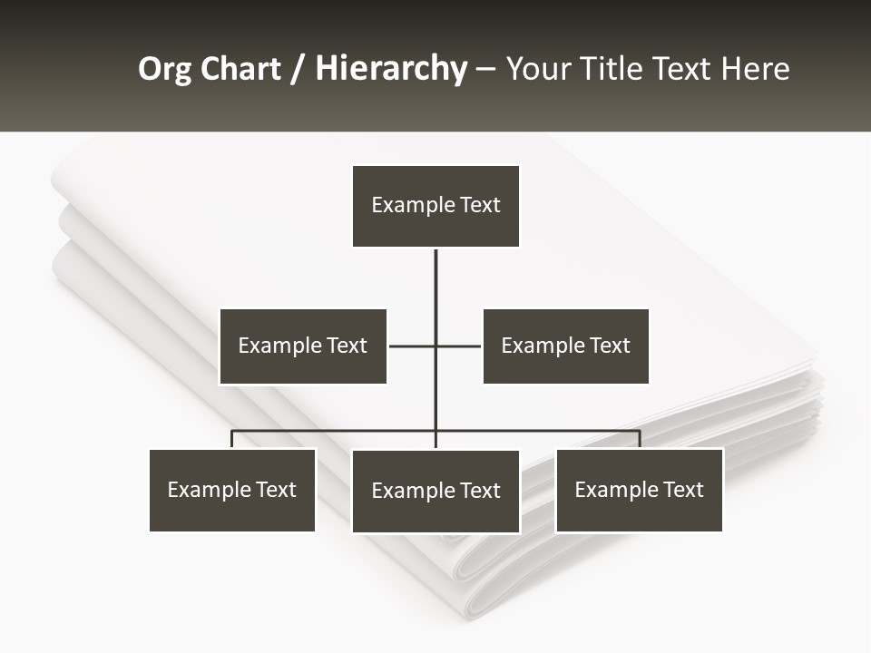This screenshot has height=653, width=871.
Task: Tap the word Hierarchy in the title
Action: pos(390,69)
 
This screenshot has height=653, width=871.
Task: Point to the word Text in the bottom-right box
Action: pos(682,490)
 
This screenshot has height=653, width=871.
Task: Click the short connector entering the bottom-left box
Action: pos(232,439)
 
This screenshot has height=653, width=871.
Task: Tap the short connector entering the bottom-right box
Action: pos(640,439)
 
